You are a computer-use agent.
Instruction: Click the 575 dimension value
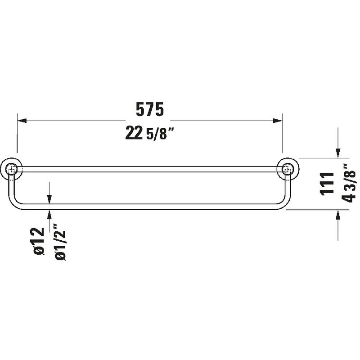click(x=150, y=109)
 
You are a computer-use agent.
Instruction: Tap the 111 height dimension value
click(x=327, y=184)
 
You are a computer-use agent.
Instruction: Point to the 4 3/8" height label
click(x=349, y=183)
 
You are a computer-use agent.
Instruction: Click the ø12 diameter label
click(x=39, y=241)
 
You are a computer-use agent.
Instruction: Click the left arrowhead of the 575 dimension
click(x=22, y=121)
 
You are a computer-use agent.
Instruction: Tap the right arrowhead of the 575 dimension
click(x=278, y=121)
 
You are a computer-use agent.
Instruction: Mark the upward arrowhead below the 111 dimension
click(x=338, y=215)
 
